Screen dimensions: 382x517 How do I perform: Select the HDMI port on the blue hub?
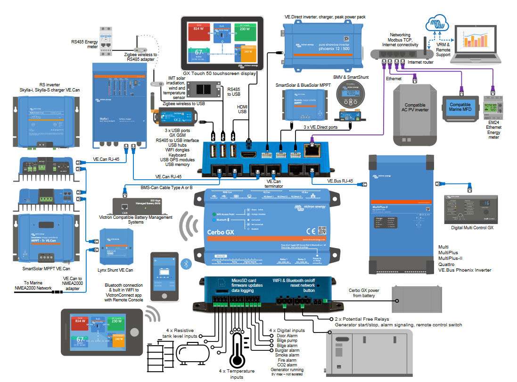click(x=248, y=154)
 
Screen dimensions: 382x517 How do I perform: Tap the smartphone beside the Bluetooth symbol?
click(x=164, y=276)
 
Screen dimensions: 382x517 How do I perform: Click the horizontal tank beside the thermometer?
click(x=193, y=352)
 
